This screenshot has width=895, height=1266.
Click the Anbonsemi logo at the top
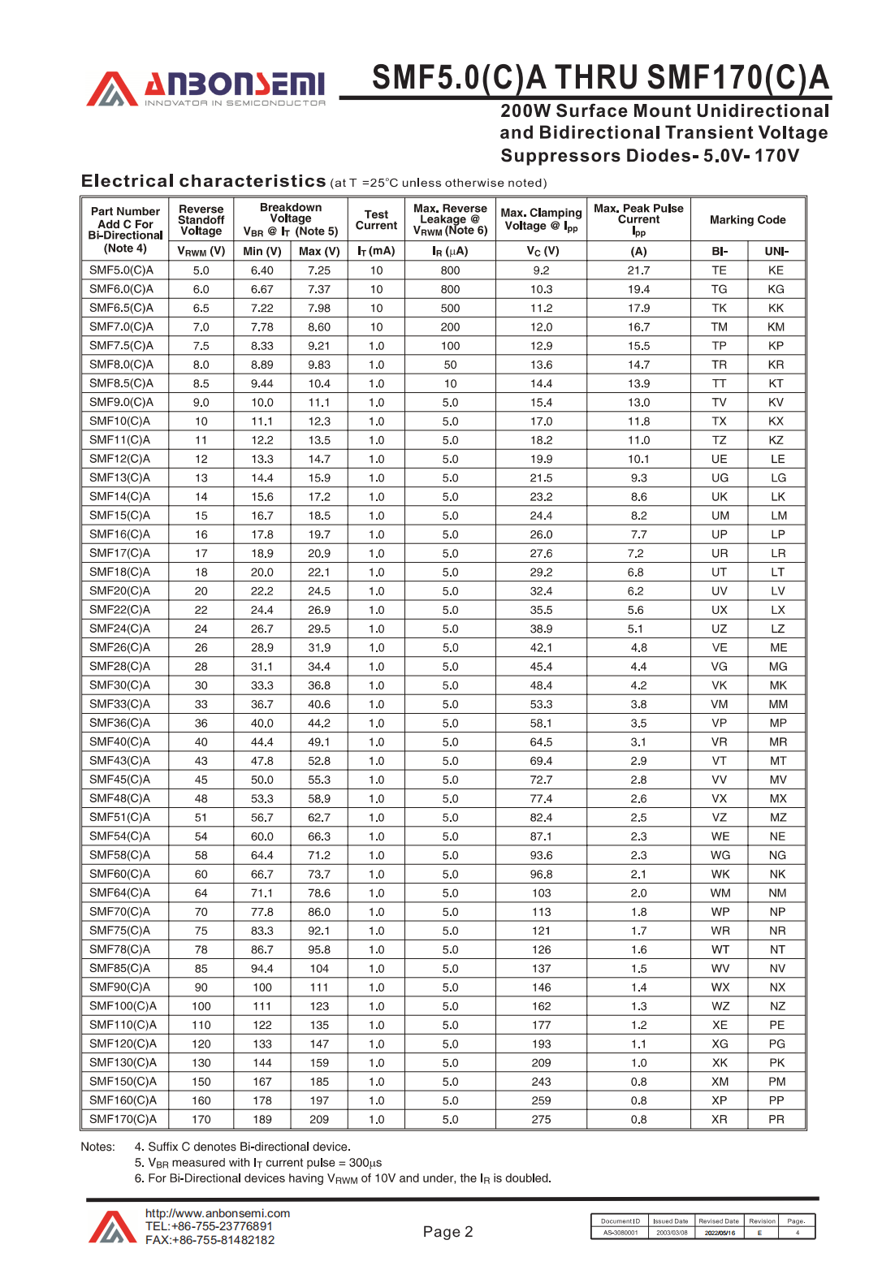tap(206, 89)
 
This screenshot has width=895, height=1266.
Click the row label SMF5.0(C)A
tap(121, 270)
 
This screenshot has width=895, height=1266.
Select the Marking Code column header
tap(747, 220)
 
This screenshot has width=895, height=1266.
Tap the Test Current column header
tap(376, 220)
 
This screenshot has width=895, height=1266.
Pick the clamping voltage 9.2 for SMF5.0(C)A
tap(541, 270)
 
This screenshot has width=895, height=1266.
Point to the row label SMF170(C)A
tap(123, 1119)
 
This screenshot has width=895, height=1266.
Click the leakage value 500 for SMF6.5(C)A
tap(450, 309)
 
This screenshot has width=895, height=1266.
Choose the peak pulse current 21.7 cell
tap(638, 270)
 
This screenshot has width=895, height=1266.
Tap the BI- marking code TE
tap(719, 270)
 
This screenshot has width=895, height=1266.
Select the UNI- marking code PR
tap(776, 1119)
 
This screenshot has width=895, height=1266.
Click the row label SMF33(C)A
tap(119, 704)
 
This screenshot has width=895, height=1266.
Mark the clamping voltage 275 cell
tap(541, 1119)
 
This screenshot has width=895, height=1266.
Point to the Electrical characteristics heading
tap(204, 181)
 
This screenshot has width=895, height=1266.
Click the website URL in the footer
tap(218, 1213)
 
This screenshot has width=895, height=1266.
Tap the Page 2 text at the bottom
tap(447, 1232)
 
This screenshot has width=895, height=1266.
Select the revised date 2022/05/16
tap(720, 1233)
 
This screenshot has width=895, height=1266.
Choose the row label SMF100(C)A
tap(123, 1006)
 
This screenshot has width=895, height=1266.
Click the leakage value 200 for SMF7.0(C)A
tap(450, 327)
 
